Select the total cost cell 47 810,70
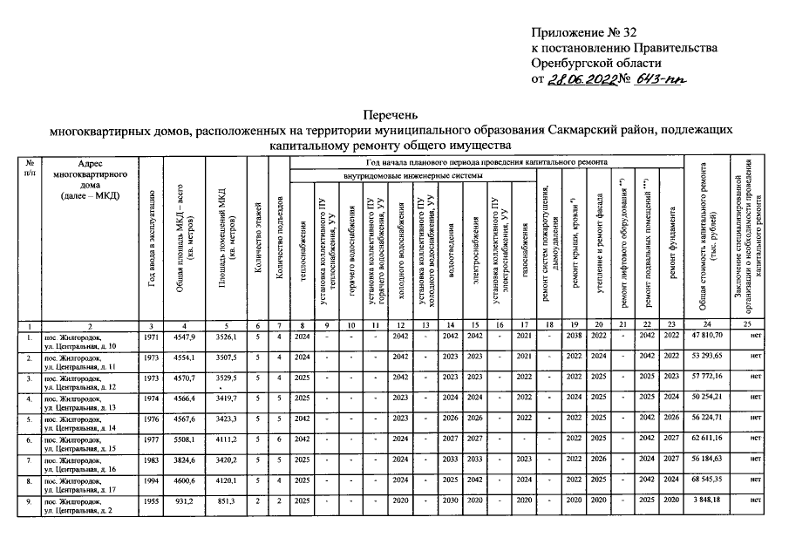(712, 335)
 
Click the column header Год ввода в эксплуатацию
(152, 241)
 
